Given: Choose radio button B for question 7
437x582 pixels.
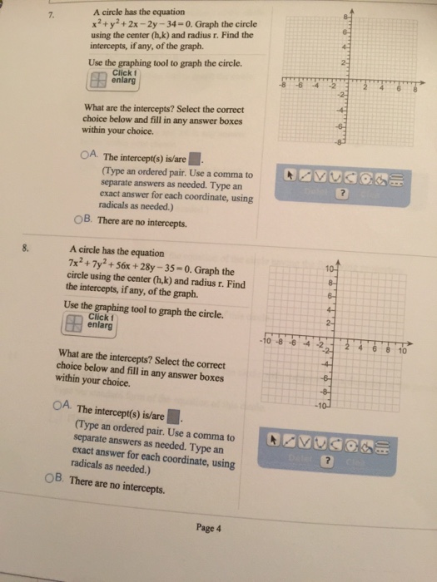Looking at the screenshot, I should (78, 221).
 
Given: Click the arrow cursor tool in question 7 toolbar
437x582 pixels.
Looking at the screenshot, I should (291, 175).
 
